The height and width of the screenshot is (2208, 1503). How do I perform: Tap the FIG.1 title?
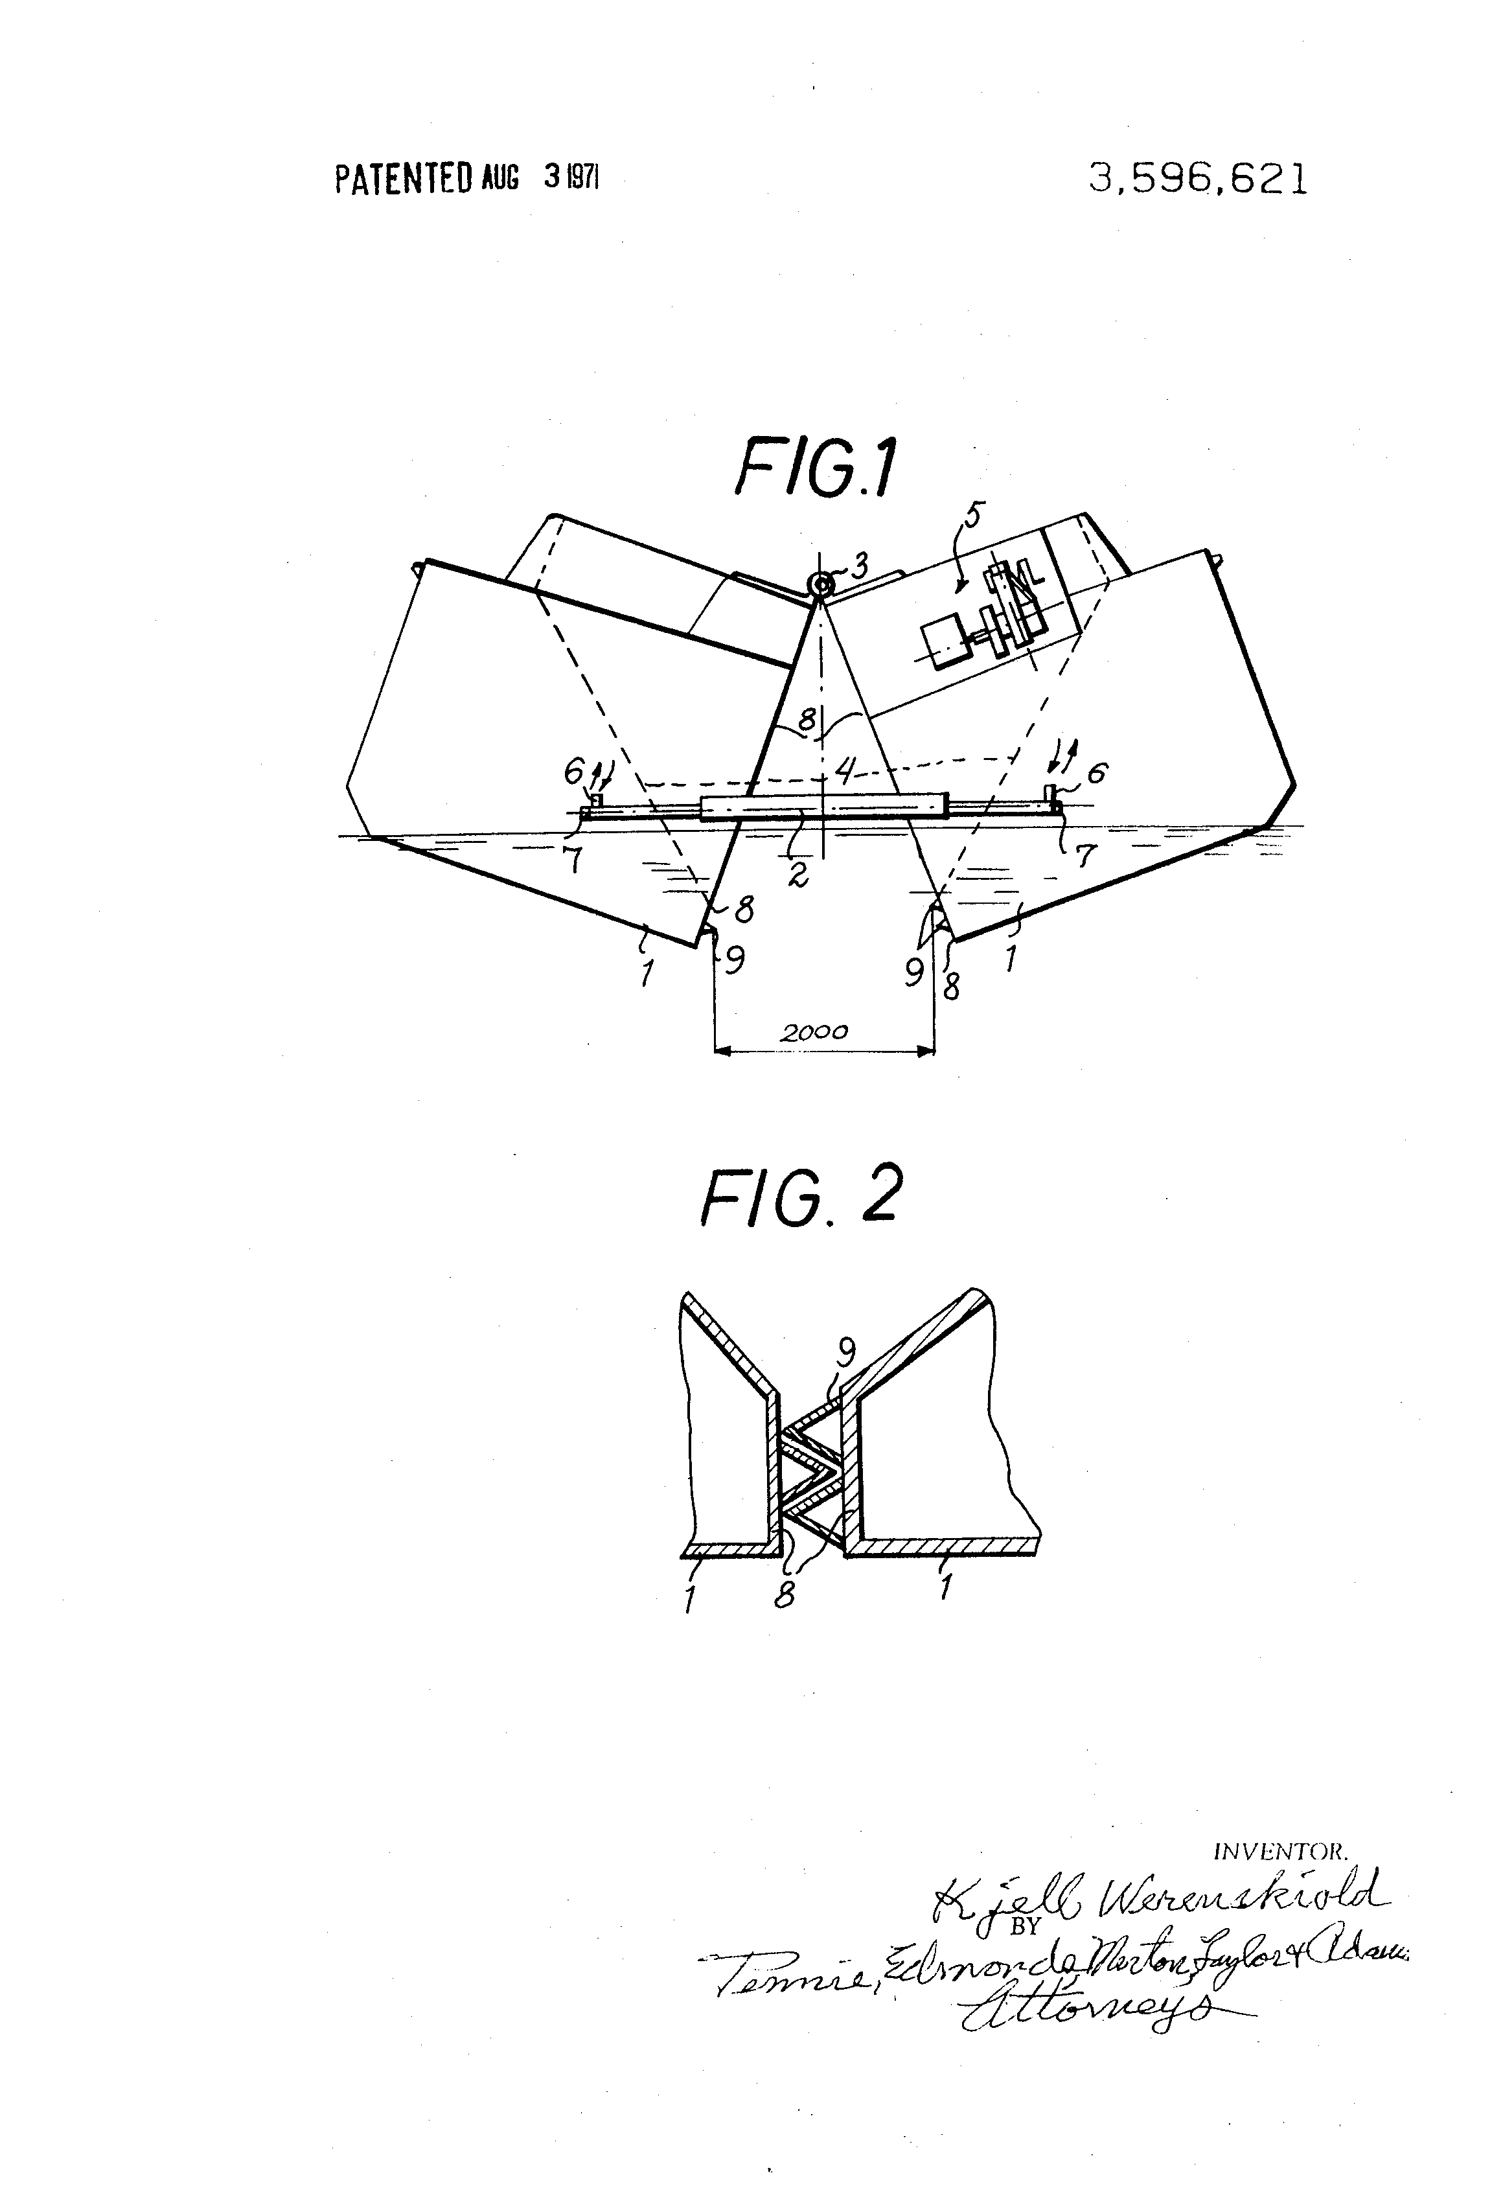click(x=815, y=467)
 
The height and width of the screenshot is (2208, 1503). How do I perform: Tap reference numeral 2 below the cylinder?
click(x=798, y=875)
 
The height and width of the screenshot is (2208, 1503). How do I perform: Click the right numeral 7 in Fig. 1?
click(x=1083, y=855)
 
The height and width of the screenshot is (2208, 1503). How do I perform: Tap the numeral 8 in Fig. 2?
click(x=784, y=1596)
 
